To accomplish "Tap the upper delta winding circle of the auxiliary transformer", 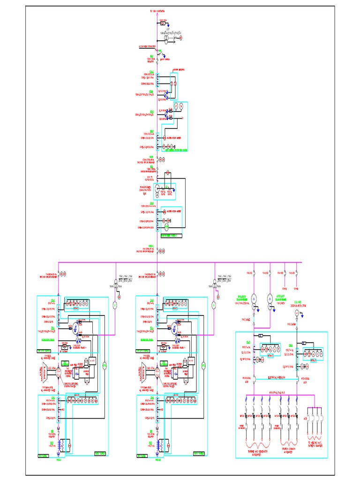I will point(270,299).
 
